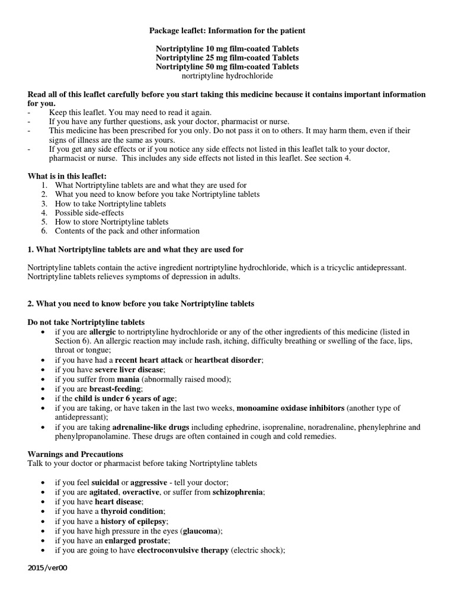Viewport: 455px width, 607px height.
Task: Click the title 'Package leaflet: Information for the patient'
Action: point(227,30)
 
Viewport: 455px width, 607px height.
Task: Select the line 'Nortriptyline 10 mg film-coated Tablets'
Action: point(227,49)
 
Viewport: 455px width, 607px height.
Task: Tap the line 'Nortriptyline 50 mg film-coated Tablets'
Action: point(227,67)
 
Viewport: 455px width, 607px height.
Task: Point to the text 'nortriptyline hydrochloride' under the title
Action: point(227,76)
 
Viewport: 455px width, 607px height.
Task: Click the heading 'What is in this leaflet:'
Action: point(68,176)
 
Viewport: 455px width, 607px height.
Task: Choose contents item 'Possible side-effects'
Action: point(89,212)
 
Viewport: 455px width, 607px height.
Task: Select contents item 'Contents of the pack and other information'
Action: point(127,231)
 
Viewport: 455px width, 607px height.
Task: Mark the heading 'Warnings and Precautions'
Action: point(75,454)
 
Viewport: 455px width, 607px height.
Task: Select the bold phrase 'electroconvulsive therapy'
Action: point(182,550)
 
